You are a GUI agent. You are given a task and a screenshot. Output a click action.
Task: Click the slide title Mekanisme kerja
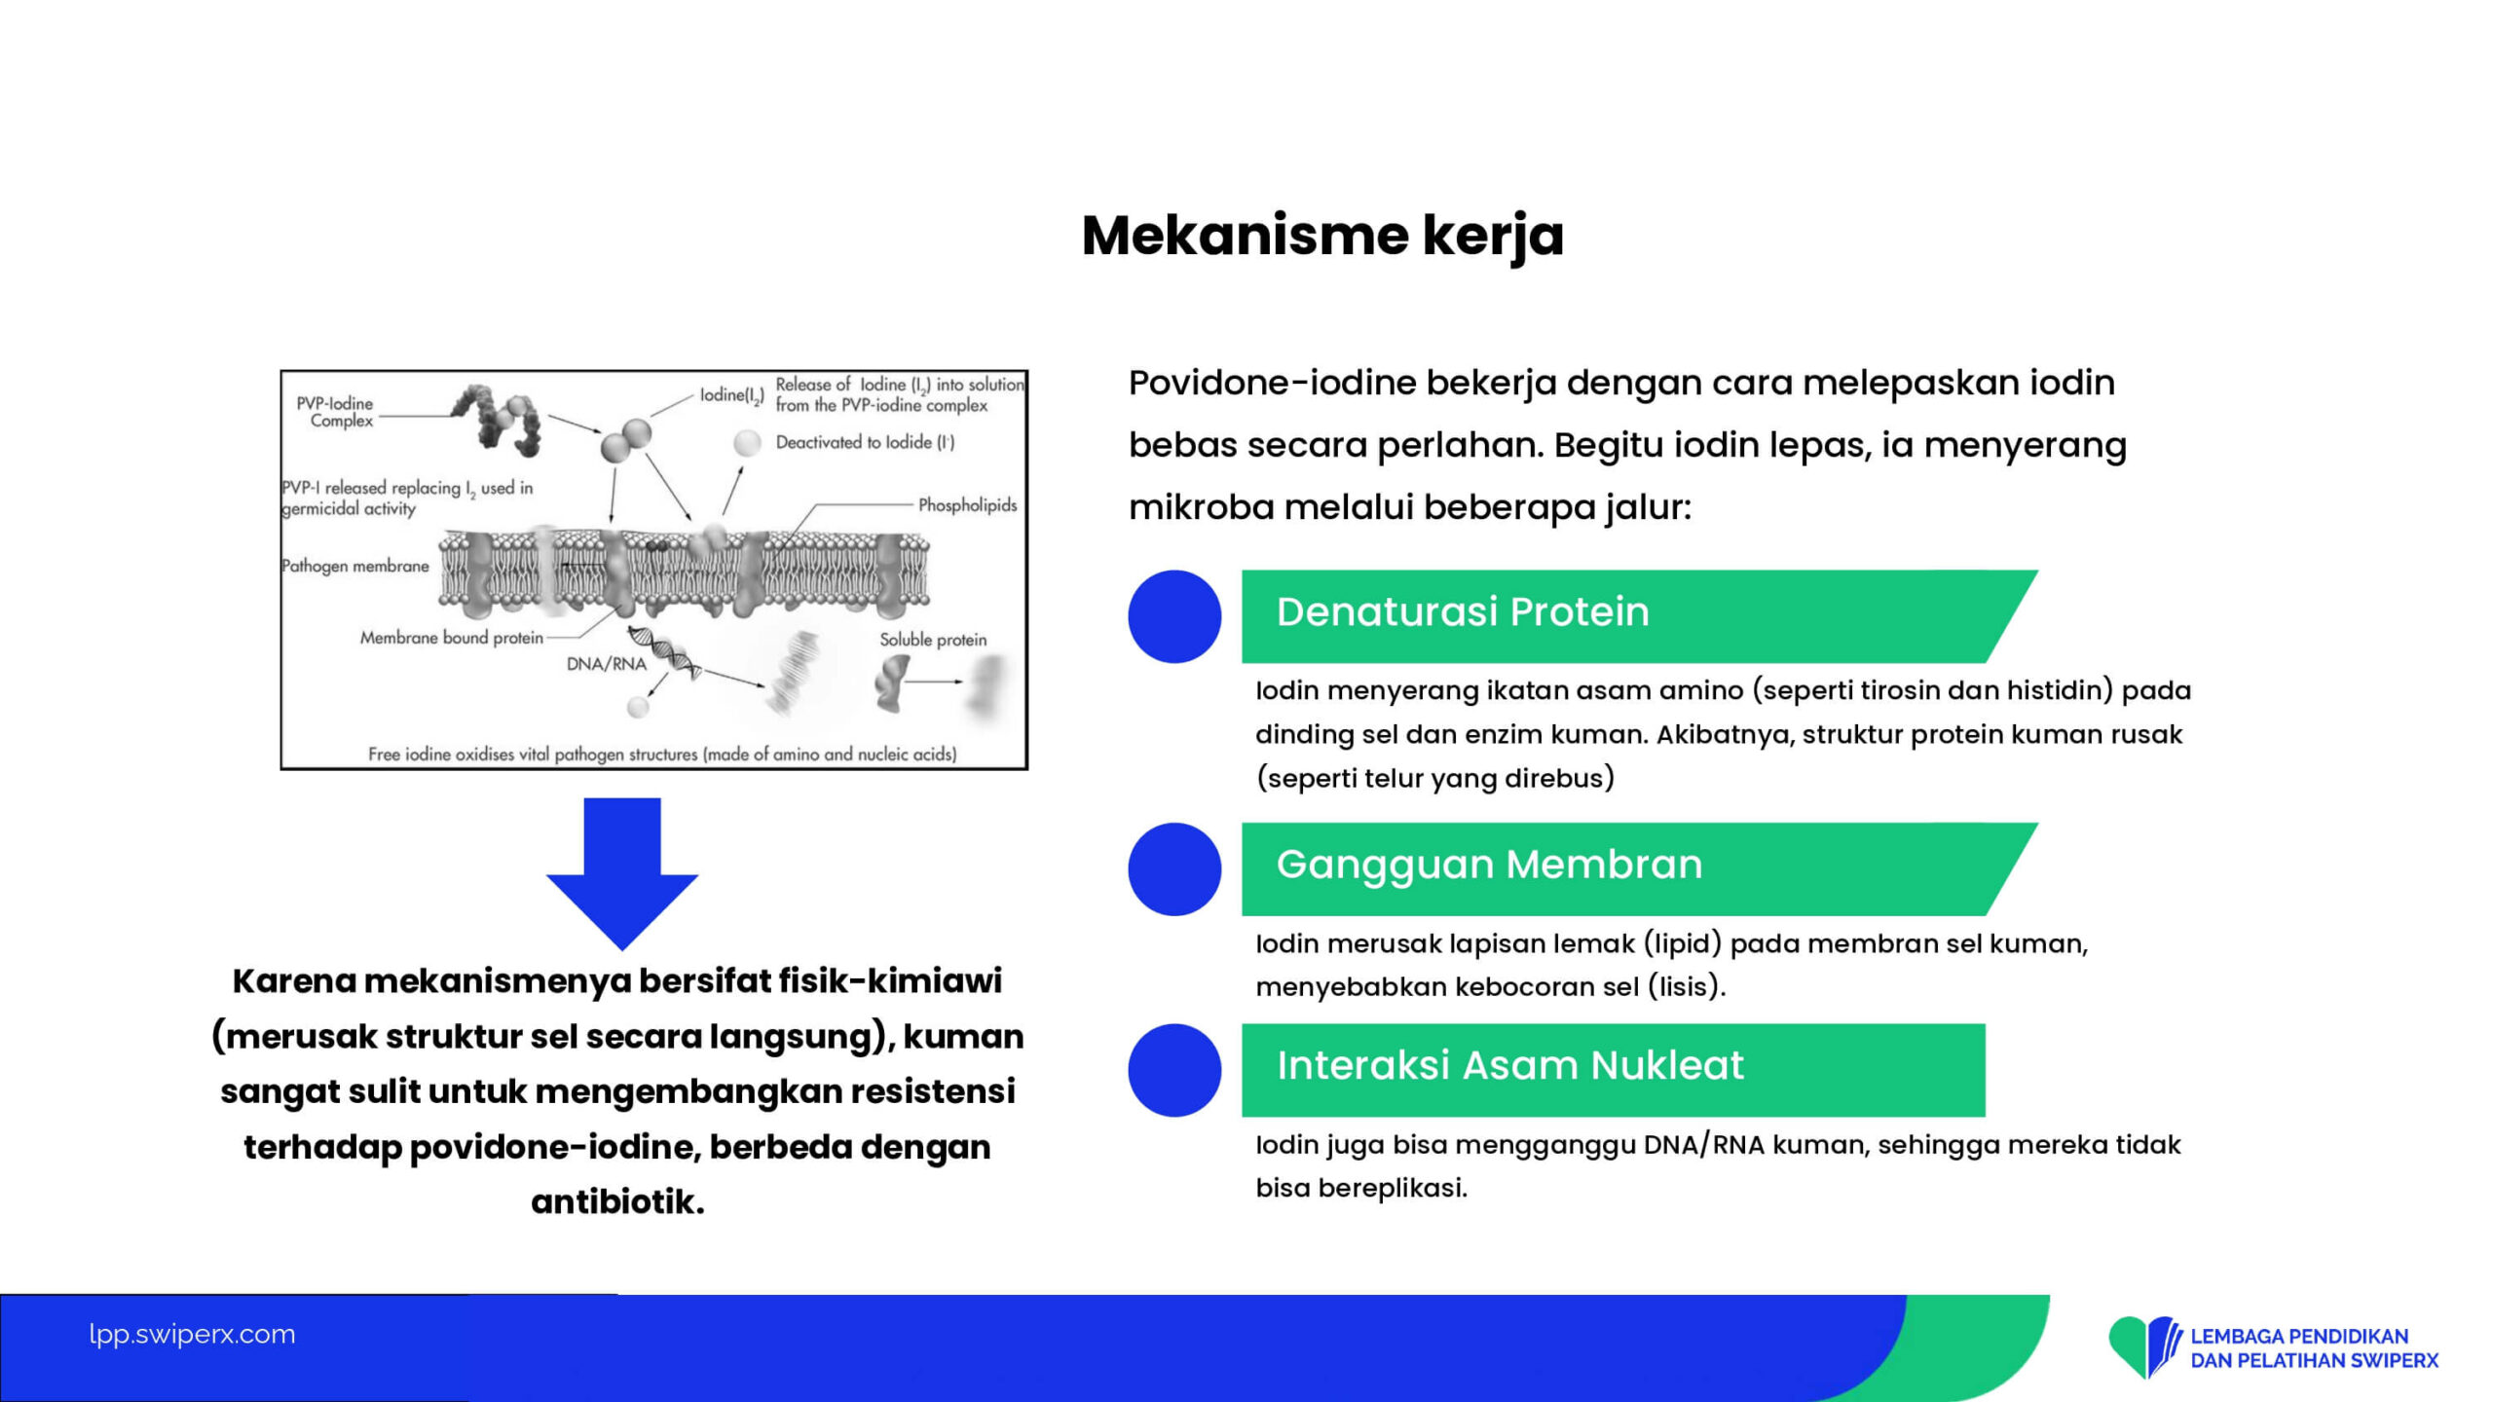pos(1322,236)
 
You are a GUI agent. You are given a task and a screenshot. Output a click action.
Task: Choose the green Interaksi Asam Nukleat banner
pos(1613,1069)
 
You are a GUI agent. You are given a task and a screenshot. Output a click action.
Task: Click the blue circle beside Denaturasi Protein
pos(1174,616)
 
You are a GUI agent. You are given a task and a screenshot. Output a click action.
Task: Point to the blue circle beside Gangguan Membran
pos(1174,869)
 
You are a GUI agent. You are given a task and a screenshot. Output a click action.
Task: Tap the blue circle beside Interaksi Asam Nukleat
pos(1174,1070)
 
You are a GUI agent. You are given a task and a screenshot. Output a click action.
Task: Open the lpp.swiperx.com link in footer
pos(192,1334)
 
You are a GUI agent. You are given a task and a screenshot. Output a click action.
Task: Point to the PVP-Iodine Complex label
pos(336,412)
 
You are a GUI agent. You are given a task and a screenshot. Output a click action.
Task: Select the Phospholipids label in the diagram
pos(967,505)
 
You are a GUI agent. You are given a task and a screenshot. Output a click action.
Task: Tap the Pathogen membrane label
pos(355,566)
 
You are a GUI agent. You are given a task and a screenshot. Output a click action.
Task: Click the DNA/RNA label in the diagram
pos(607,664)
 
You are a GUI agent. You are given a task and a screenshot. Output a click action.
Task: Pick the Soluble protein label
pos(933,640)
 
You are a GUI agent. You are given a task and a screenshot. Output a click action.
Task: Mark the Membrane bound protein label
pos(452,638)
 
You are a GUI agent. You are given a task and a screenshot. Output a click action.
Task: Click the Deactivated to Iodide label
pos(865,442)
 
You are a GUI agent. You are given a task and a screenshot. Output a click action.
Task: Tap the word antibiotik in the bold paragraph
pos(617,1201)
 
